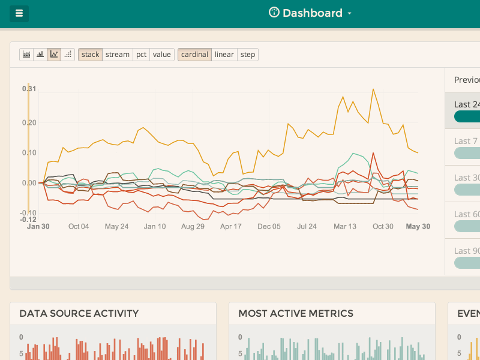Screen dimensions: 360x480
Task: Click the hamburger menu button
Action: pos(19,13)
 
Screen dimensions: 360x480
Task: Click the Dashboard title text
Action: pos(312,13)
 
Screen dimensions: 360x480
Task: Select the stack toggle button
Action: pos(90,55)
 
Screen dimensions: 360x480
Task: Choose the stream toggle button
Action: pos(117,55)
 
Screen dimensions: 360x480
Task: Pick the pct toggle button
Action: pos(141,55)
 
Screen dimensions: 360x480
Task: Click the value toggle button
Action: pos(161,55)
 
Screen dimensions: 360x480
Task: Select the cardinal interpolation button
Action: pos(194,55)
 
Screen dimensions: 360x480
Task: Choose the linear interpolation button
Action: pos(224,55)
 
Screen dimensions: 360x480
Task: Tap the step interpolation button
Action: pos(248,55)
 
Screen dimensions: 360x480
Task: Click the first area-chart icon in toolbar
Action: pos(26,55)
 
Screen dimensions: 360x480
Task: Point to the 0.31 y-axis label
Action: pos(29,89)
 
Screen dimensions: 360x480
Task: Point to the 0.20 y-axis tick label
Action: pos(29,122)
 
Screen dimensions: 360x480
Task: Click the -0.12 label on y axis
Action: pos(29,220)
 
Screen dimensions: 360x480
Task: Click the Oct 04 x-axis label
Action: pos(79,227)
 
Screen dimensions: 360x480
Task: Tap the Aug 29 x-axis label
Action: pos(193,227)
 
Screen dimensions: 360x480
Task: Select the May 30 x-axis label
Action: pos(418,227)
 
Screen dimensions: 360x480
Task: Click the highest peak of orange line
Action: pos(373,89)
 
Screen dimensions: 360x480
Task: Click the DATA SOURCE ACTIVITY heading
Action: pos(79,313)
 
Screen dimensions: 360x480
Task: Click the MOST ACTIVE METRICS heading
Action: pos(296,313)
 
